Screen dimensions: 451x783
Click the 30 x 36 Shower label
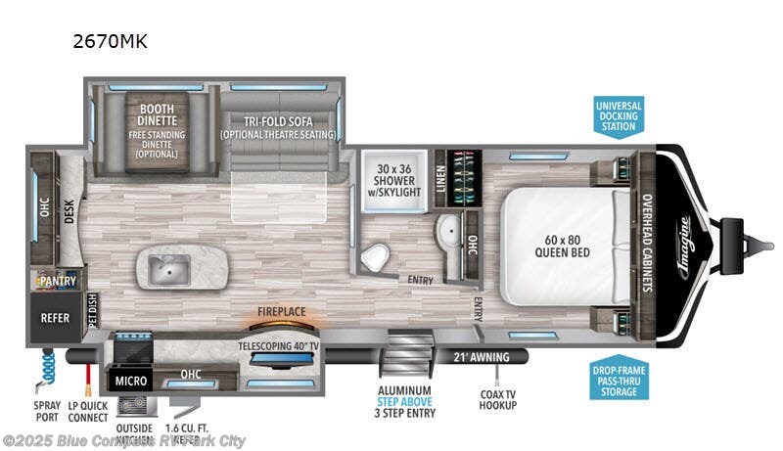click(x=396, y=179)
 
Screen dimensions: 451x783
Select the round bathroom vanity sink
click(x=447, y=233)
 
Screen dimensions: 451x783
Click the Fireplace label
click(x=282, y=312)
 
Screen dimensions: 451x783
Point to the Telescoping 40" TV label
click(x=280, y=345)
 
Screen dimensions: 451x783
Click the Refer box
click(x=54, y=318)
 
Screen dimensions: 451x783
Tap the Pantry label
click(x=57, y=282)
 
